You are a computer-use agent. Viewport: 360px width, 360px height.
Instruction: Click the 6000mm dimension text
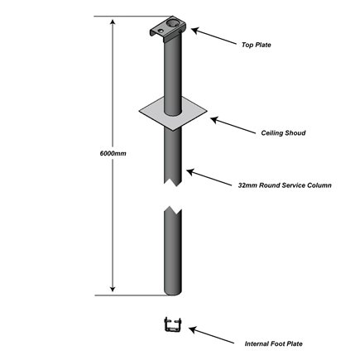coord(99,154)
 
